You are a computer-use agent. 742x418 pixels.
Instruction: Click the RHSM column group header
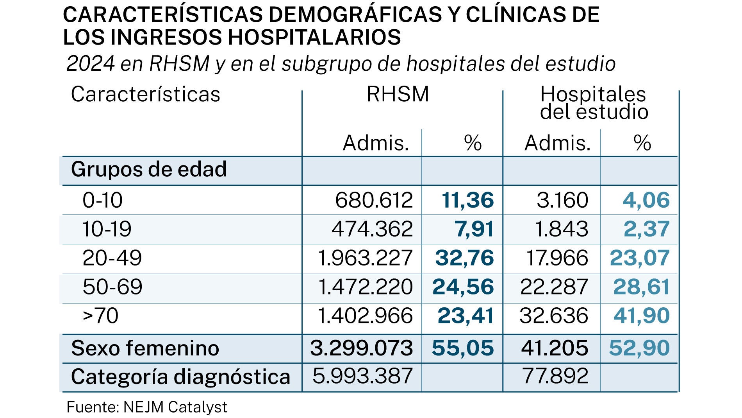(398, 94)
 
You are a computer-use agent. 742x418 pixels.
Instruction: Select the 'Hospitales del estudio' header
(594, 102)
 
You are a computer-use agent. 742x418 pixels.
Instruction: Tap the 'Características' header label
(145, 94)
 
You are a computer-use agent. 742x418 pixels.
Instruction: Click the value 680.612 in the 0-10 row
(374, 200)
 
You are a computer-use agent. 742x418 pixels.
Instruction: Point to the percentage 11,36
(467, 200)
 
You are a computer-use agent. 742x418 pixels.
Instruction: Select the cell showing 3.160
(562, 200)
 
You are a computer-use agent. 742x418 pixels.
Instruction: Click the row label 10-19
(107, 229)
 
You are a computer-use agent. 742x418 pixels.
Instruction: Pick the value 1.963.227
(365, 258)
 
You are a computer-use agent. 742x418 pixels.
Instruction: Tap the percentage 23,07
(640, 258)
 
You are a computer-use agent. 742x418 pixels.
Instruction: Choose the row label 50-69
(112, 287)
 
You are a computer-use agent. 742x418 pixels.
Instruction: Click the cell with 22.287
(554, 287)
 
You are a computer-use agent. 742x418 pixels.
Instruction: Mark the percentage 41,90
(642, 316)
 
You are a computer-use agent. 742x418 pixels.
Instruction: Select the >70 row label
(100, 316)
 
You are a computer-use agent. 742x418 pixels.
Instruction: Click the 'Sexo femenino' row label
(145, 348)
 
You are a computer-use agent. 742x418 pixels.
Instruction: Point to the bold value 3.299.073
(361, 348)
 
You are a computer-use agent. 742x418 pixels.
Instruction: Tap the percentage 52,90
(639, 348)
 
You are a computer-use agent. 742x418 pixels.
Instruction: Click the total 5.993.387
(362, 376)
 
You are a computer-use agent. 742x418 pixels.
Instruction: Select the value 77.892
(555, 376)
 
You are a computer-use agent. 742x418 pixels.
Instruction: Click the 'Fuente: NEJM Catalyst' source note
(147, 407)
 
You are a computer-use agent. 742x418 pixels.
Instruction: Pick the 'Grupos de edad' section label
(149, 169)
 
